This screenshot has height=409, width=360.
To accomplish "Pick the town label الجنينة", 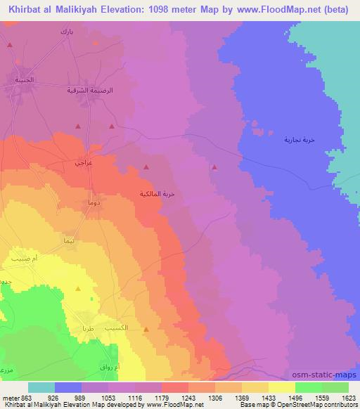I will coord(25,79).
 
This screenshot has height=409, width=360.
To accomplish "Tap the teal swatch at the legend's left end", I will coord(41,387).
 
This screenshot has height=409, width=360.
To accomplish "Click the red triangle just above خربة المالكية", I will coord(146,167).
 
